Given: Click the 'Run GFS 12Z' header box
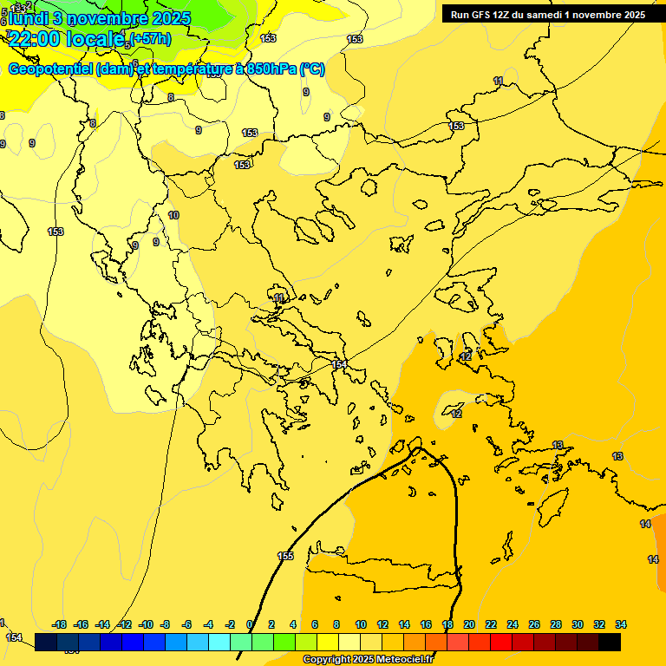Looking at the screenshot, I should point(547,15).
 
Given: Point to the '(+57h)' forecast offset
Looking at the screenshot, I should point(150,39).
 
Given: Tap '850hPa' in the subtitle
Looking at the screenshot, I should point(271,69).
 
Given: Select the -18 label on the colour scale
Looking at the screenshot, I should point(60,624).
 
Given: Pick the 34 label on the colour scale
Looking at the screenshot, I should point(621,624).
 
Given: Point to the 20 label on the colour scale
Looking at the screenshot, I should point(469,624).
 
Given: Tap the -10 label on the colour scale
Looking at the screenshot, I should point(146,624).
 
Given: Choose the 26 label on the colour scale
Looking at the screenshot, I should point(534,624).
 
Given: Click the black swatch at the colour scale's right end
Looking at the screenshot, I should point(610,642).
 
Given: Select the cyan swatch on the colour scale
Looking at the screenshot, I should point(219,642).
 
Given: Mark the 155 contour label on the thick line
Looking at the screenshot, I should point(285,556).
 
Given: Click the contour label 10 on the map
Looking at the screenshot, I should point(173,215).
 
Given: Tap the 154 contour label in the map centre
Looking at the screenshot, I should point(339,364).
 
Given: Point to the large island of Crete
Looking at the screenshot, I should point(382,572).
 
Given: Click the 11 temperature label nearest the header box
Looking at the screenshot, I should point(498,81).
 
